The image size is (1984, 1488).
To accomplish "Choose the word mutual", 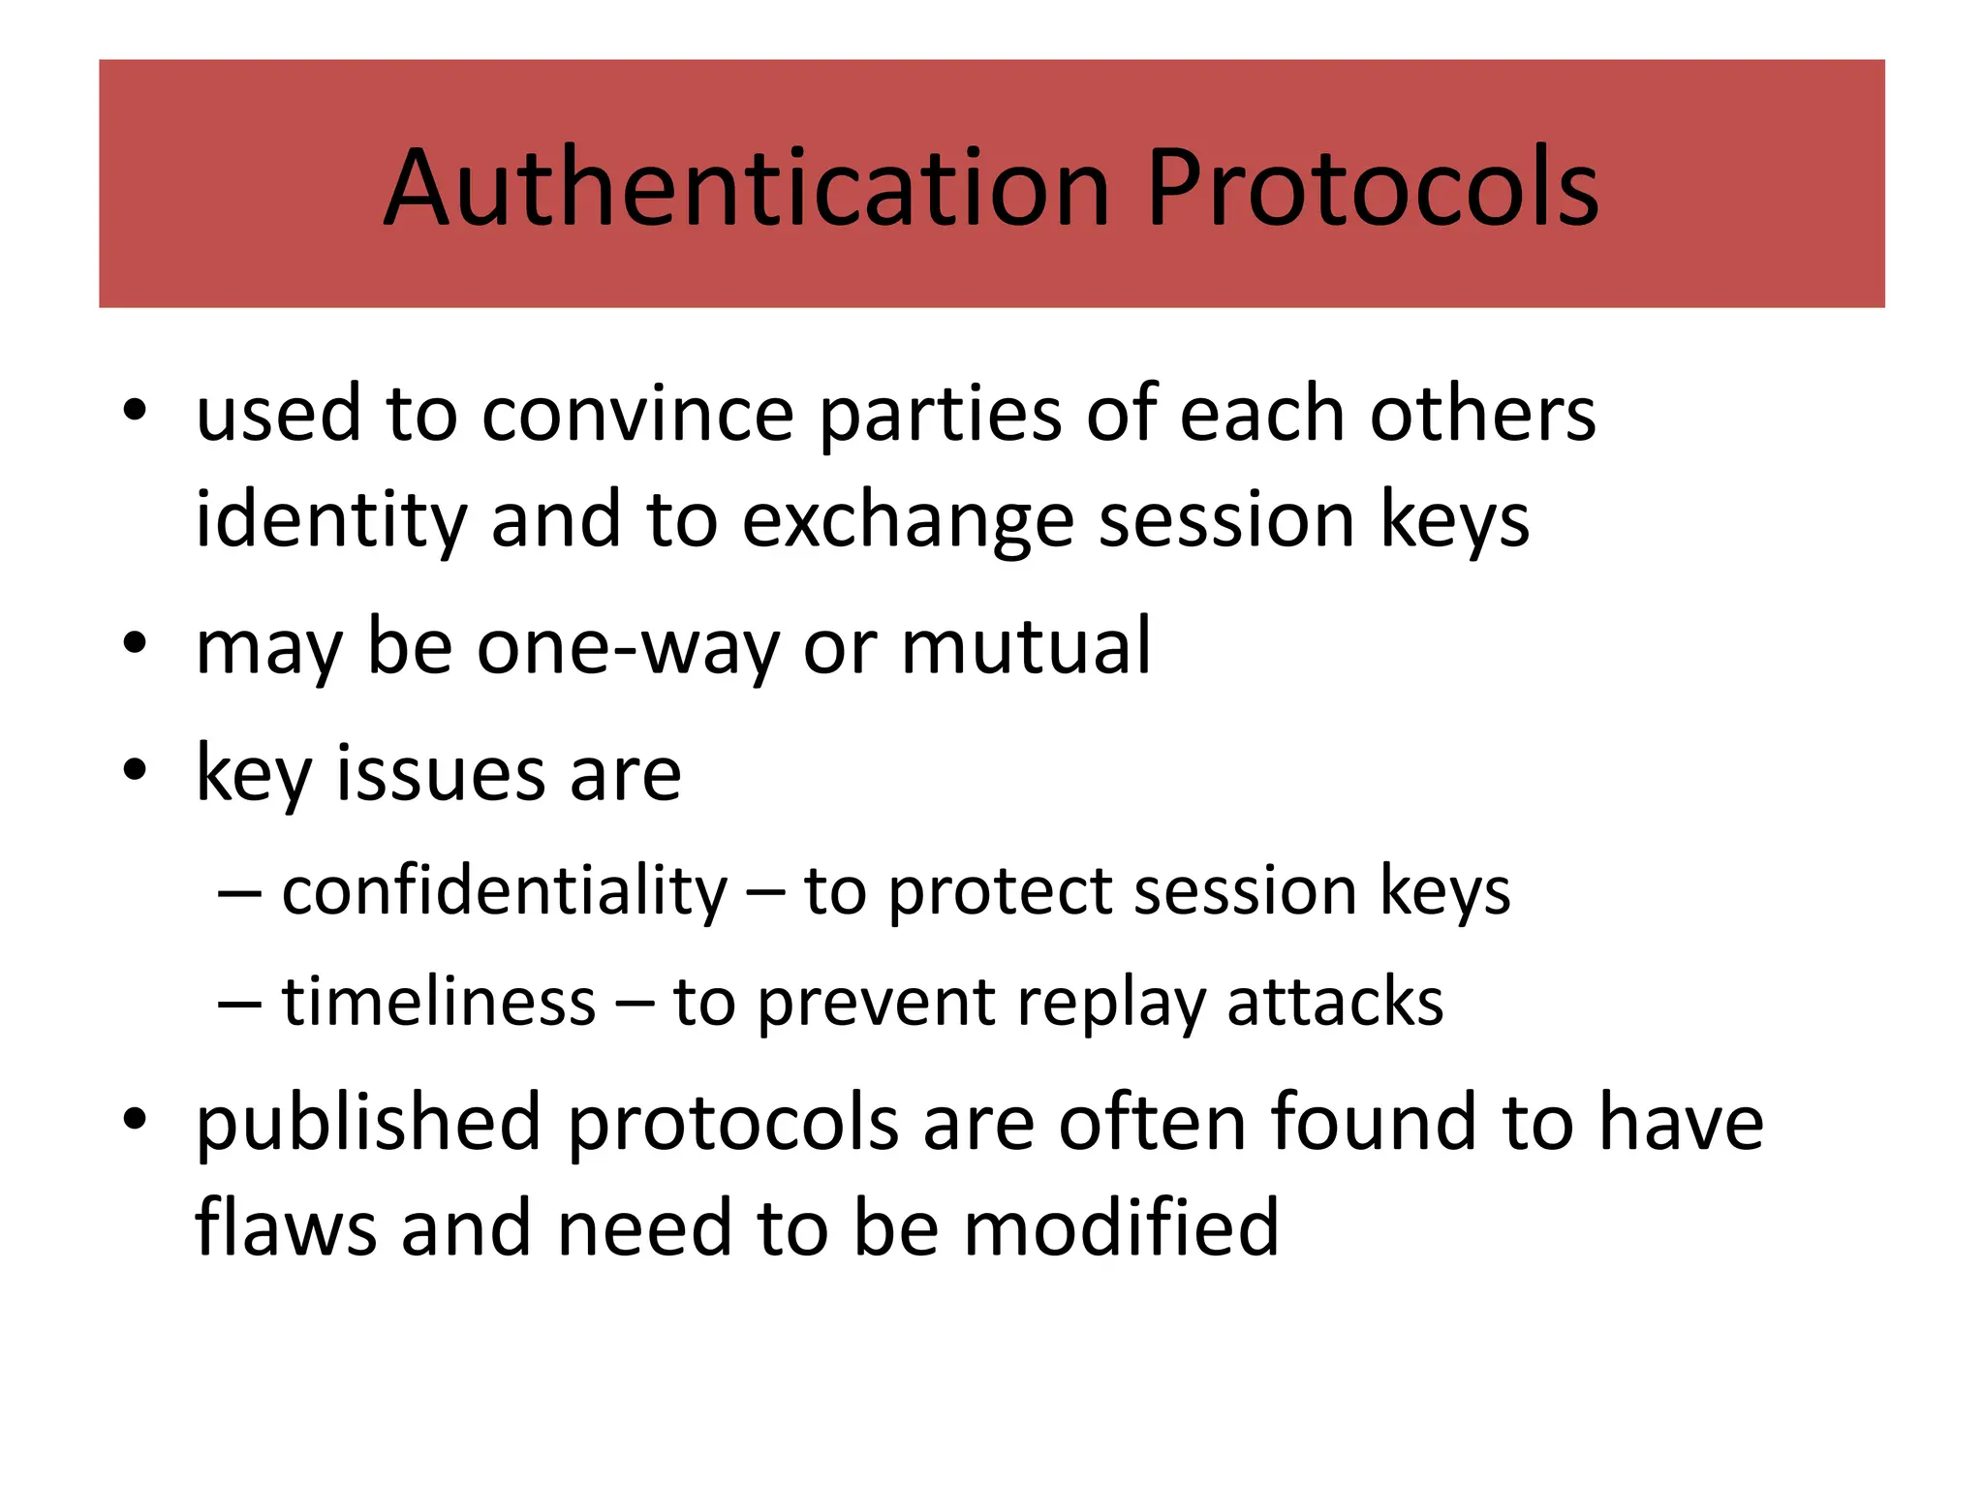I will pyautogui.click(x=1026, y=646).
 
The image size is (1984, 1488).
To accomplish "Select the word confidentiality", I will pyautogui.click(x=504, y=891).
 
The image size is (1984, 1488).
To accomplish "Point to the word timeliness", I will pyautogui.click(x=438, y=1002).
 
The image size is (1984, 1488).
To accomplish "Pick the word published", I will pyautogui.click(x=368, y=1124).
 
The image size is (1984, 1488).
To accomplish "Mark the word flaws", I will pyautogui.click(x=286, y=1228).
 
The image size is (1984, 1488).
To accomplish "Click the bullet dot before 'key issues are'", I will pyautogui.click(x=135, y=770).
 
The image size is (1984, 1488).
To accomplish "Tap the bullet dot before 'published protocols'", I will pyautogui.click(x=135, y=1120).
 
